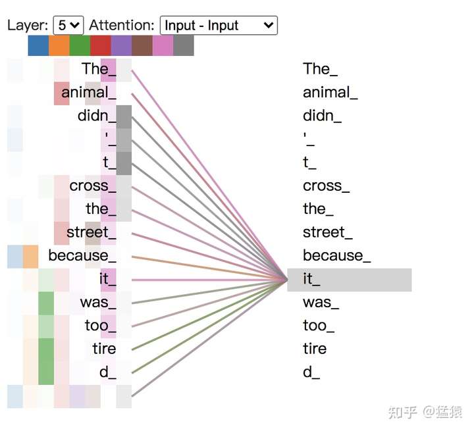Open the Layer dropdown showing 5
[x=68, y=26]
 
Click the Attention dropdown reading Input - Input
[x=219, y=26]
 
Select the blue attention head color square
[x=38, y=45]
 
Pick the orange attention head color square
[x=59, y=45]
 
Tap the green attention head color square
[x=80, y=45]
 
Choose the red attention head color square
[x=101, y=45]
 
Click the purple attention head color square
[x=121, y=45]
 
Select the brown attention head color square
[x=142, y=45]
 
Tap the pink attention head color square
[x=163, y=45]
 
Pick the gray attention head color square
[x=184, y=45]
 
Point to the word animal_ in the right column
[x=330, y=92]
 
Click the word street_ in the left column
[x=91, y=232]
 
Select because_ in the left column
[x=82, y=255]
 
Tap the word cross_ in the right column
[x=326, y=186]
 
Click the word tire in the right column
[x=315, y=349]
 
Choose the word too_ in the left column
[x=100, y=325]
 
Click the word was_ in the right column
[x=321, y=303]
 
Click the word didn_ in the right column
[x=322, y=116]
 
